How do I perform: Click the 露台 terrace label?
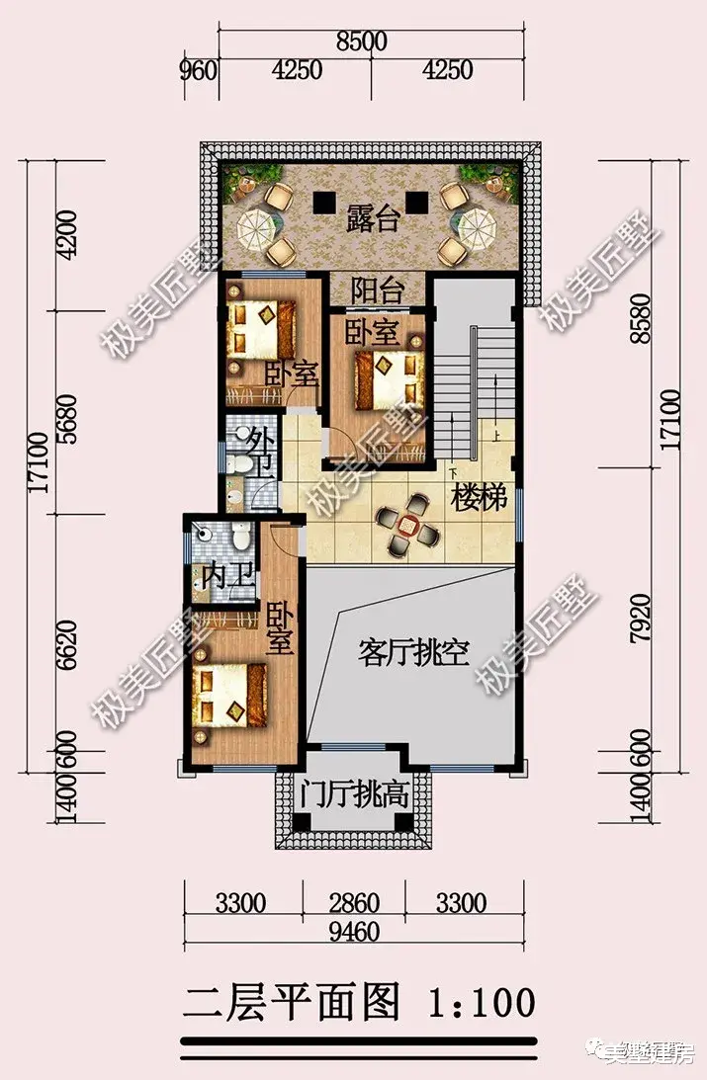(x=373, y=218)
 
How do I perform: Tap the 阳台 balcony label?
(x=378, y=291)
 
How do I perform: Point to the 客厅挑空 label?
(x=413, y=653)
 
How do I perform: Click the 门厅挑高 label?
(x=355, y=792)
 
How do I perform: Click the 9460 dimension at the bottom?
(x=353, y=935)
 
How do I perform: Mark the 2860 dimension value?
(x=353, y=903)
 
